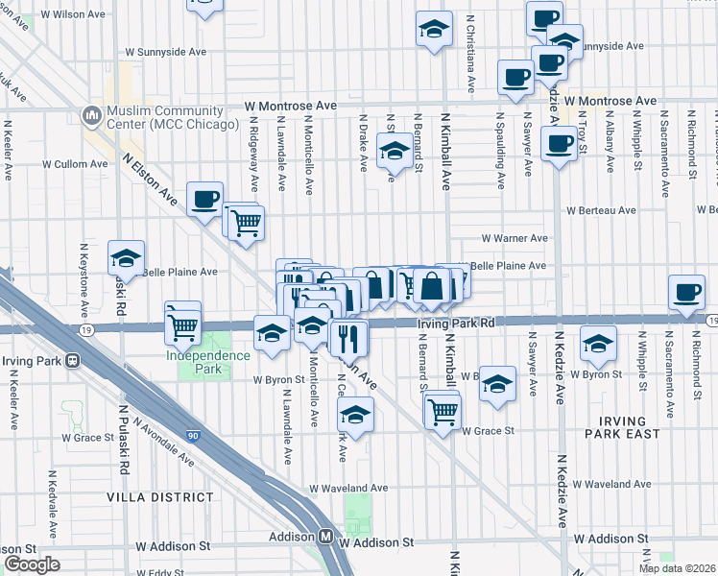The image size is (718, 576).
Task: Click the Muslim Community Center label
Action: pos(173,117)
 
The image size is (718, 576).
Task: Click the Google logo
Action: pos(31,564)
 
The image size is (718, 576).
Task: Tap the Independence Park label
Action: pos(208,355)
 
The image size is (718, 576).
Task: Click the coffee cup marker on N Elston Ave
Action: pos(204,199)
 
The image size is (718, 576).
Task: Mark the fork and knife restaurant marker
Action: pos(347,336)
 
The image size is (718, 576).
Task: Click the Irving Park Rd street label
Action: pos(455,324)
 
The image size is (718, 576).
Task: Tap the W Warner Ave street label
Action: pos(515,238)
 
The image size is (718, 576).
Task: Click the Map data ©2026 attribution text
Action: pos(678,568)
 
